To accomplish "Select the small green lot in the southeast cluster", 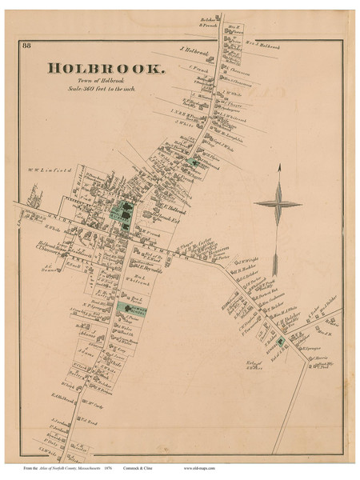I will (282, 342).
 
